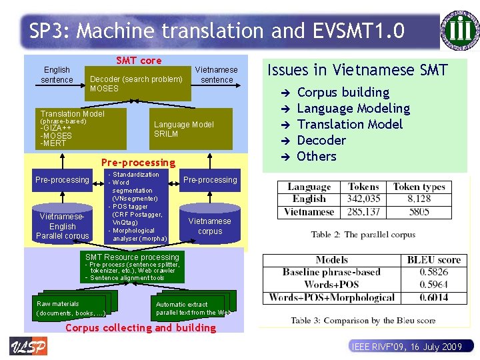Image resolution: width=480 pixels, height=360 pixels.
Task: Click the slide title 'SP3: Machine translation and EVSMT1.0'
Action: pos(217,31)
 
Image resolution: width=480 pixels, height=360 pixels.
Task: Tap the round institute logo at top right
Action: pos(459,30)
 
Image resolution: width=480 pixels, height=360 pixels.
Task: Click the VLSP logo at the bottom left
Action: pos(28,347)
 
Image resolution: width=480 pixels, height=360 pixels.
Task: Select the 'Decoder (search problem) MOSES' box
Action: pos(136,83)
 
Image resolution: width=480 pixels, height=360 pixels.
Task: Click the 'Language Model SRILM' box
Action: pos(184,129)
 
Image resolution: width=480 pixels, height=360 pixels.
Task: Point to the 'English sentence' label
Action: pos(57,75)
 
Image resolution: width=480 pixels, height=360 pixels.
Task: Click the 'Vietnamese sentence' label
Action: pos(217,75)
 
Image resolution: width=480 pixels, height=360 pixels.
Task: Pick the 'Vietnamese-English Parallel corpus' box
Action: pos(63,226)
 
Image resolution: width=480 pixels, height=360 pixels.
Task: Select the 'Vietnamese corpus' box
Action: pos(209,226)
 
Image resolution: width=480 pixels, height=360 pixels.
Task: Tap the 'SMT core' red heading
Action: pos(139,61)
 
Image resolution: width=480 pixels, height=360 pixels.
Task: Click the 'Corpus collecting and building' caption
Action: pos(141,327)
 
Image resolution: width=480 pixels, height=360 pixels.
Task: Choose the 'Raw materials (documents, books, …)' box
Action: pos(71,308)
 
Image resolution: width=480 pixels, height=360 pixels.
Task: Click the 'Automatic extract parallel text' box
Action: pos(192,308)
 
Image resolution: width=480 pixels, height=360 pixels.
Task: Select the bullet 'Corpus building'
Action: pos(343,92)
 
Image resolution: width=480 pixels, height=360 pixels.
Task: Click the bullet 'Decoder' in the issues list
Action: pos(321,140)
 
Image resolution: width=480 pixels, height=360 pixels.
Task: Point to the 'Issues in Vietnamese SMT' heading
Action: pos(357,69)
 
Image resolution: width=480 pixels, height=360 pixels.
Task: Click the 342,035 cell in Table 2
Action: pos(363,199)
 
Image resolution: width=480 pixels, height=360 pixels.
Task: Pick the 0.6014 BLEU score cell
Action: pos(434,297)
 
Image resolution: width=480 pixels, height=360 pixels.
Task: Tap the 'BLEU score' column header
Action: pos(434,260)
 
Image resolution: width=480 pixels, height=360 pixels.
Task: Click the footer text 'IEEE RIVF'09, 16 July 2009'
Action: pos(406,347)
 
